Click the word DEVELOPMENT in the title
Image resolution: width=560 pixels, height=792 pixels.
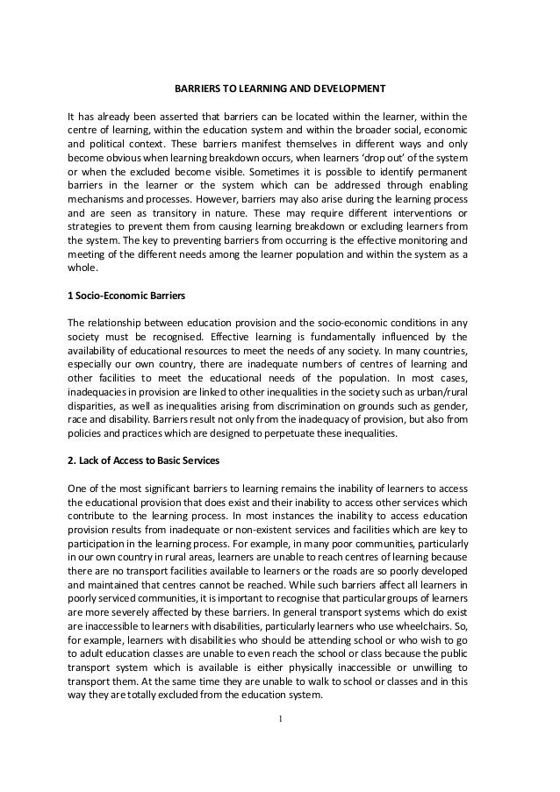point(341,89)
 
